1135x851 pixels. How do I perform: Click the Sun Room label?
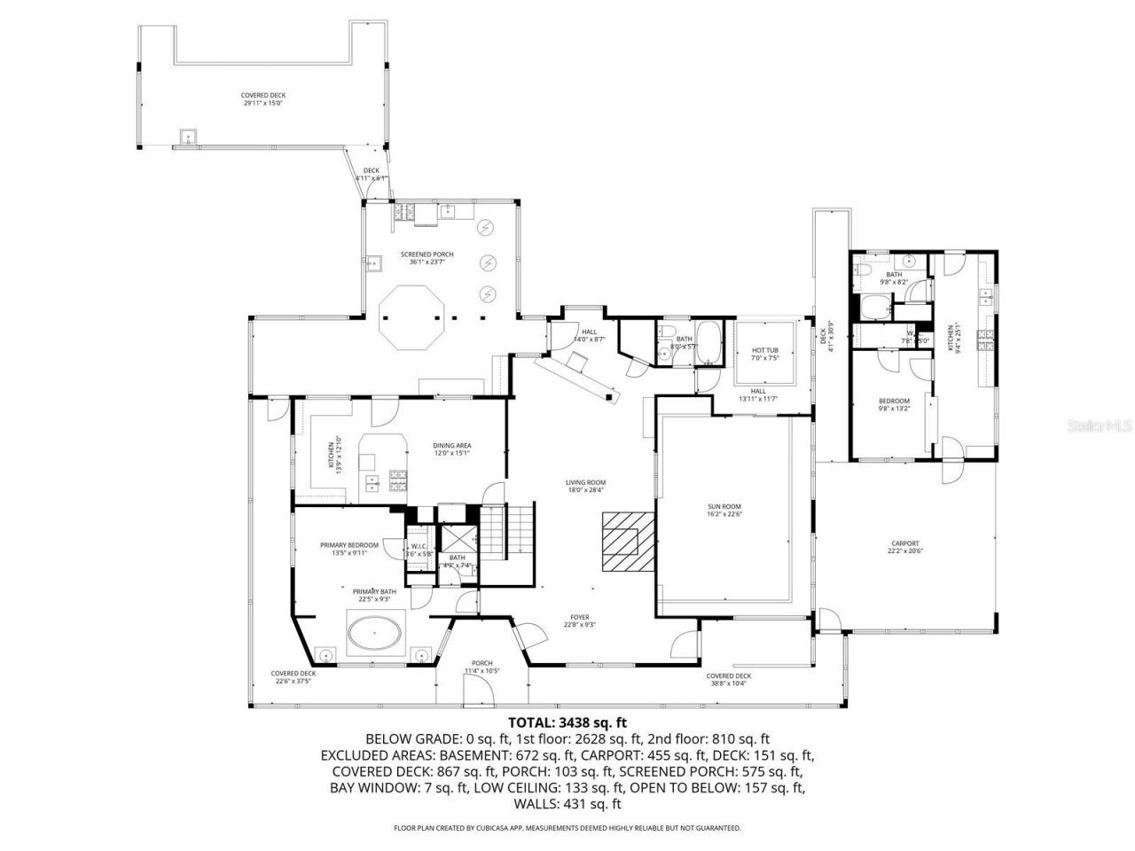pyautogui.click(x=724, y=510)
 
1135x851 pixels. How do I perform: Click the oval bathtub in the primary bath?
pyautogui.click(x=374, y=635)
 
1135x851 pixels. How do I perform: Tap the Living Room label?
pyautogui.click(x=585, y=486)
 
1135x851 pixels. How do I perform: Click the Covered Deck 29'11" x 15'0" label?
pyautogui.click(x=263, y=98)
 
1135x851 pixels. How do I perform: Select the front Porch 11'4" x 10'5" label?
pyautogui.click(x=482, y=667)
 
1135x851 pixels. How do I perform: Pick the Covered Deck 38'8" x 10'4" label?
pyautogui.click(x=729, y=679)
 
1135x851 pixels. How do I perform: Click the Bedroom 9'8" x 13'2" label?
pyautogui.click(x=894, y=405)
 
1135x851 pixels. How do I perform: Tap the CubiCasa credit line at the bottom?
pyautogui.click(x=567, y=828)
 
